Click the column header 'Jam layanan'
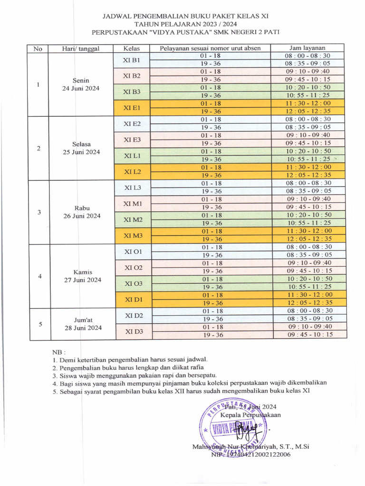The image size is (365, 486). pos(307,48)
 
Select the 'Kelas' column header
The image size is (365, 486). pos(131,48)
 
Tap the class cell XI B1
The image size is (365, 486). pos(131,60)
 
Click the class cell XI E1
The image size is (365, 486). pos(131,108)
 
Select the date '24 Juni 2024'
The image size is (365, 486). pos(81,89)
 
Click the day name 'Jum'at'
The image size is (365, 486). pos(82,320)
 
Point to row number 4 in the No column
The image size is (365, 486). pos(40,276)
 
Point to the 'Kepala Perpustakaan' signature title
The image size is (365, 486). pos(250,415)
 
